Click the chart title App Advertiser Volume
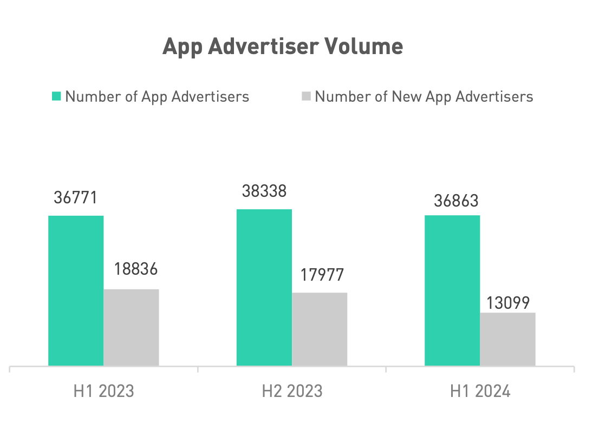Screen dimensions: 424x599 click(x=283, y=47)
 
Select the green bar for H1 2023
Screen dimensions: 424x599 click(x=76, y=290)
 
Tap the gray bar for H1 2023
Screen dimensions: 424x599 click(x=131, y=327)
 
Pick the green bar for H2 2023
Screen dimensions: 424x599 click(x=264, y=287)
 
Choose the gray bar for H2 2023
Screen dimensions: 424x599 click(x=320, y=329)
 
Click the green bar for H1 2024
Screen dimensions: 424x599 click(x=452, y=290)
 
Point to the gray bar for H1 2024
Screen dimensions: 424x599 click(x=507, y=339)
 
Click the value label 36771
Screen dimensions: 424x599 click(x=75, y=197)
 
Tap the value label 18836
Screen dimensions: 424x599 click(x=135, y=270)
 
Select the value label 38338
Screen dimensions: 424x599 click(x=264, y=191)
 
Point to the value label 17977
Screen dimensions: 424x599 click(x=322, y=275)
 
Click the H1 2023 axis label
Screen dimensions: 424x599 click(x=103, y=391)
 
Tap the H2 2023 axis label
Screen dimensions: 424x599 click(x=292, y=391)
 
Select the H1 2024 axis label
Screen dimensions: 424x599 click(x=480, y=391)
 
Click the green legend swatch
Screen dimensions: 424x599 click(x=56, y=96)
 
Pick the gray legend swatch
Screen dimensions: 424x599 click(x=306, y=96)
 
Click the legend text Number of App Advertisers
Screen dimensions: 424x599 click(x=157, y=96)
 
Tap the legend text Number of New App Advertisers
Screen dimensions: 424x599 click(x=424, y=96)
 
